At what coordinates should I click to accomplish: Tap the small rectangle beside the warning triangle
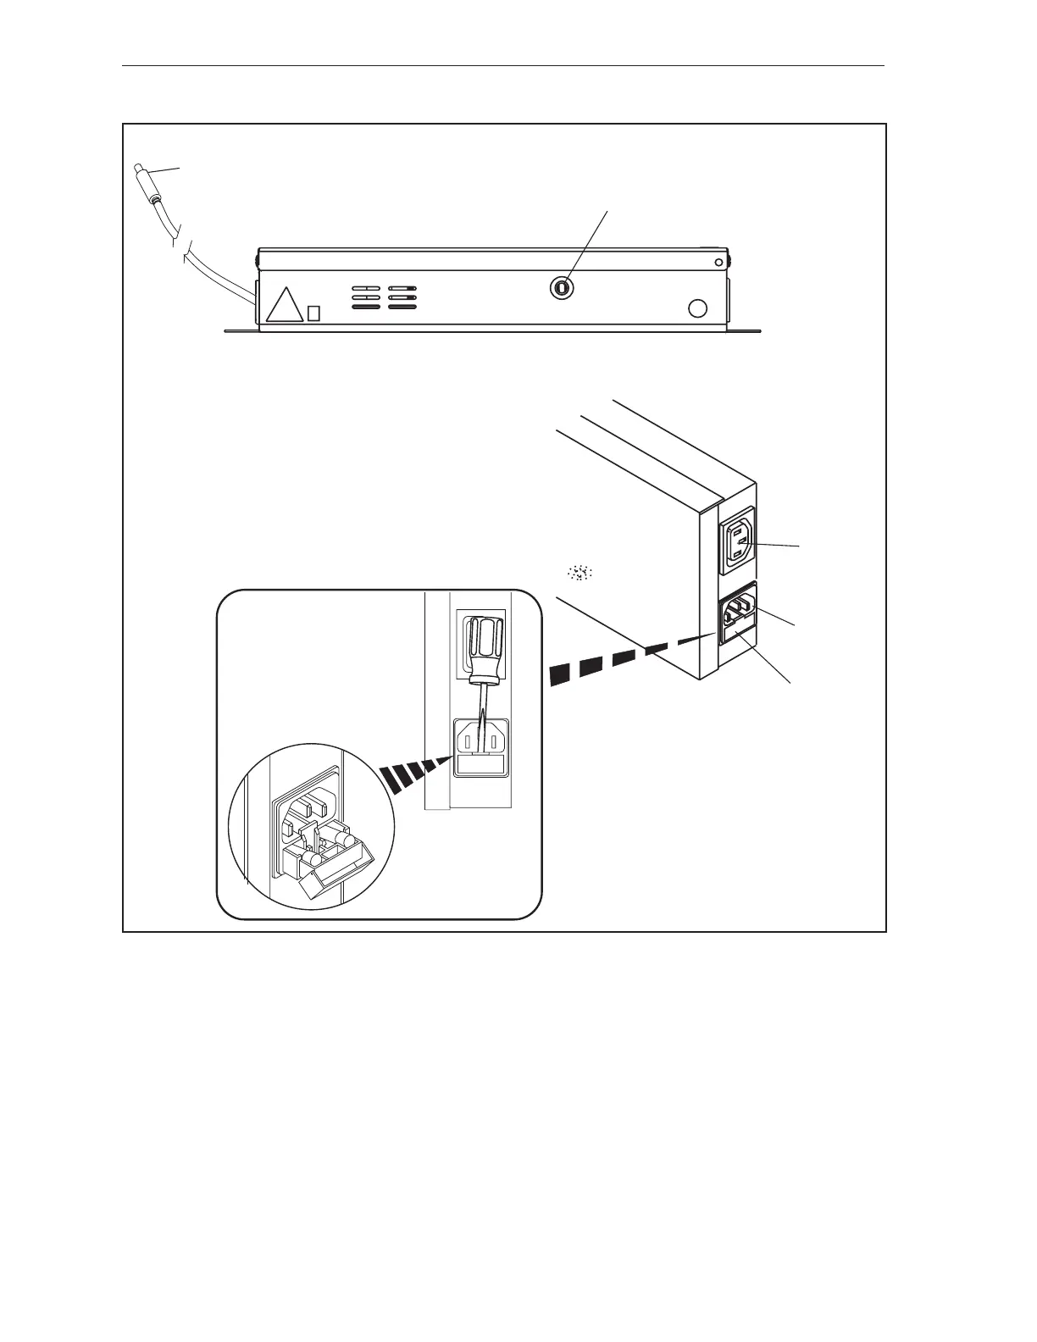[313, 313]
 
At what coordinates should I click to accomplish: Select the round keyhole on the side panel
[560, 288]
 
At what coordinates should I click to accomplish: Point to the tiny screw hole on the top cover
[719, 261]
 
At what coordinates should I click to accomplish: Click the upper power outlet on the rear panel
[736, 542]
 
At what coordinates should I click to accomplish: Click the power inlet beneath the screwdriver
[481, 737]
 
